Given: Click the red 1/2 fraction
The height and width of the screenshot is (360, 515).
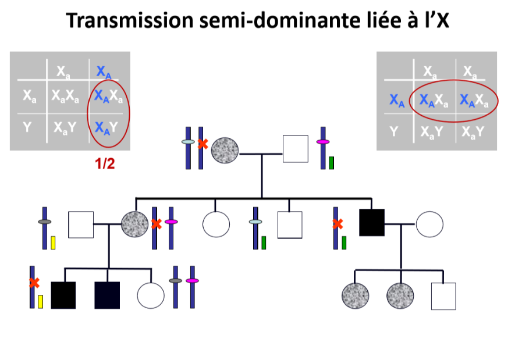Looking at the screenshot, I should point(105,163).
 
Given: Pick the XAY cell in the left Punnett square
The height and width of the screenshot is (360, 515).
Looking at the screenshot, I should point(105,126).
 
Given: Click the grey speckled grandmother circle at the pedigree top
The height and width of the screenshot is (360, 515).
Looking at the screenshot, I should point(225,150).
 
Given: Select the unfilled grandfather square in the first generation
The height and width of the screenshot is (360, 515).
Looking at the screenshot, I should point(295,149).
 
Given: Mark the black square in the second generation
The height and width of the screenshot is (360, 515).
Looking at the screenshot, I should point(372,223).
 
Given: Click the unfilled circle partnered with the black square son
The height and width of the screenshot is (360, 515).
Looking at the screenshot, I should point(430,223).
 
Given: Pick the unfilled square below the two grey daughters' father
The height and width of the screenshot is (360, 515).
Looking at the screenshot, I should point(443,295).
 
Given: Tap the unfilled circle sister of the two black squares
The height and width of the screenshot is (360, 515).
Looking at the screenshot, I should point(151,295).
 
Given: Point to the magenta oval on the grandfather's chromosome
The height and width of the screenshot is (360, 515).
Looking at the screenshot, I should point(322,142).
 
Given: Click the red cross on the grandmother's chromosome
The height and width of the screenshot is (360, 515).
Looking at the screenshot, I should point(203,144).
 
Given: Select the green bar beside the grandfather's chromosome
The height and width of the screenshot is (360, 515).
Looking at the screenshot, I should point(331,163).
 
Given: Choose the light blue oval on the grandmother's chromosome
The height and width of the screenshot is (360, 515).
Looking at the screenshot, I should point(188,142).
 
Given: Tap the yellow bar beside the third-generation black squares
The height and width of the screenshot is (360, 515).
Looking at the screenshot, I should point(41,301).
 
